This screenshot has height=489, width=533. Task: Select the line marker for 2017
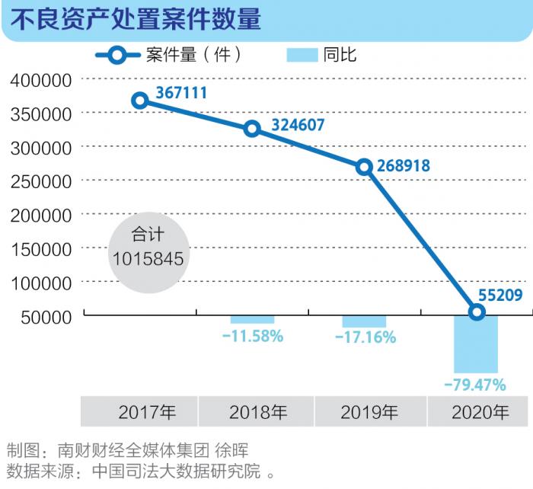[x=139, y=101]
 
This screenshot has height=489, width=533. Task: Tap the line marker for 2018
[x=252, y=129]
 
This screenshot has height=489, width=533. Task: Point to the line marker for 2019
[x=365, y=167]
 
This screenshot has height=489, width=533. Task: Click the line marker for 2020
[x=477, y=312]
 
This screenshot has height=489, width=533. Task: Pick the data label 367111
[x=181, y=93]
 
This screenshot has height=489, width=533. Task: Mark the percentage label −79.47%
[x=476, y=383]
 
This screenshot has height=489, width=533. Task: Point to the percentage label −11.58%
[x=253, y=335]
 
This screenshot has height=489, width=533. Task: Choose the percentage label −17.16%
[x=365, y=337]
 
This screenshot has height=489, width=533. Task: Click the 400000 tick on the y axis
[x=41, y=80]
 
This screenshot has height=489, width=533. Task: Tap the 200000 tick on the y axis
[x=41, y=215]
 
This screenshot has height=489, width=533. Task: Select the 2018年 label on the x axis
[x=258, y=413]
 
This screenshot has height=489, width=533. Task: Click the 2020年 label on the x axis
[x=480, y=413]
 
